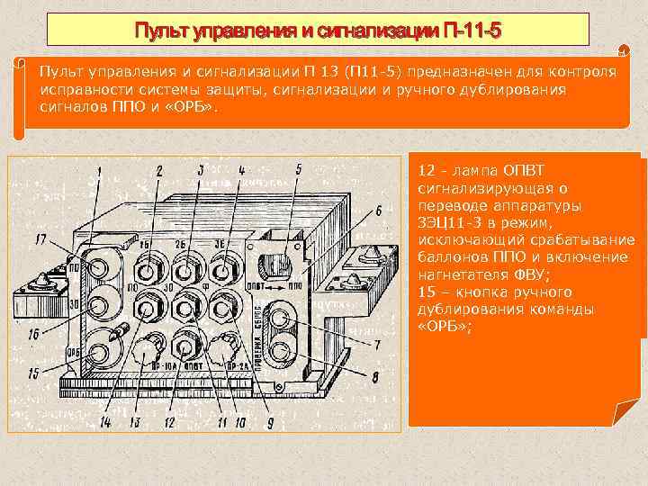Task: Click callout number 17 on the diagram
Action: coord(41,238)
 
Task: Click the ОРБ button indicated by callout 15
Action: coord(94,345)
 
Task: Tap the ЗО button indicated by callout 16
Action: coord(94,303)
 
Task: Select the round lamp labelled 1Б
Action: coord(146,271)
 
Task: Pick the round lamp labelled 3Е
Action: coord(220,271)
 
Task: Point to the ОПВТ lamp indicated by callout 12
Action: coord(184,346)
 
